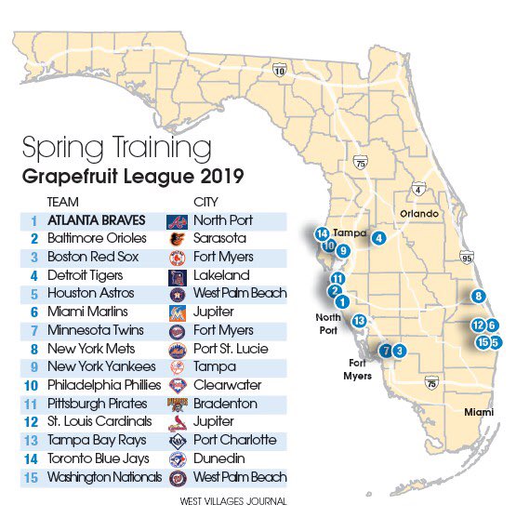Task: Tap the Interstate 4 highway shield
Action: click(419, 191)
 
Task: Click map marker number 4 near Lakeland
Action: click(378, 238)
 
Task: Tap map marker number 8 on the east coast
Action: click(478, 297)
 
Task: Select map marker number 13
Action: click(360, 320)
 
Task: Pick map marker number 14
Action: click(322, 233)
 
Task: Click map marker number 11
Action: click(337, 278)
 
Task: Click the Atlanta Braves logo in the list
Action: click(177, 221)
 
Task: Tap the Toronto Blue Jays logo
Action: click(177, 458)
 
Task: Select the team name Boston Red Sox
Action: click(86, 257)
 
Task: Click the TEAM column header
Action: click(62, 201)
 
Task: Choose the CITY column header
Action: click(205, 201)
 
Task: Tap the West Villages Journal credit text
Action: click(232, 501)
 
